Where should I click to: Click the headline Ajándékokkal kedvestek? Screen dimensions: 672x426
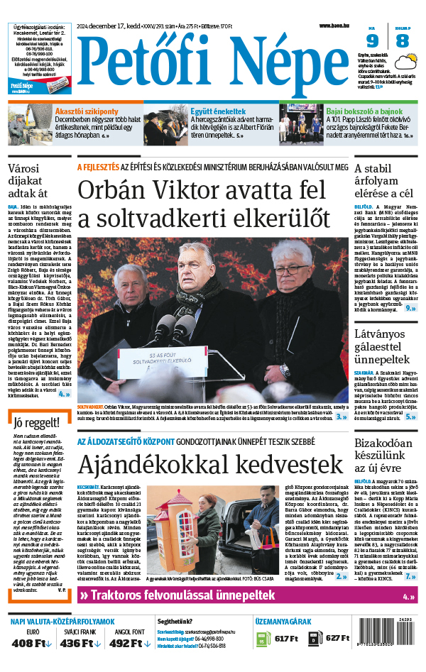[x=192, y=466]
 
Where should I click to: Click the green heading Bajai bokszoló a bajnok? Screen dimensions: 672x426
[x=364, y=111]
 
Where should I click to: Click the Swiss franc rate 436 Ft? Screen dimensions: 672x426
[x=77, y=644]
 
